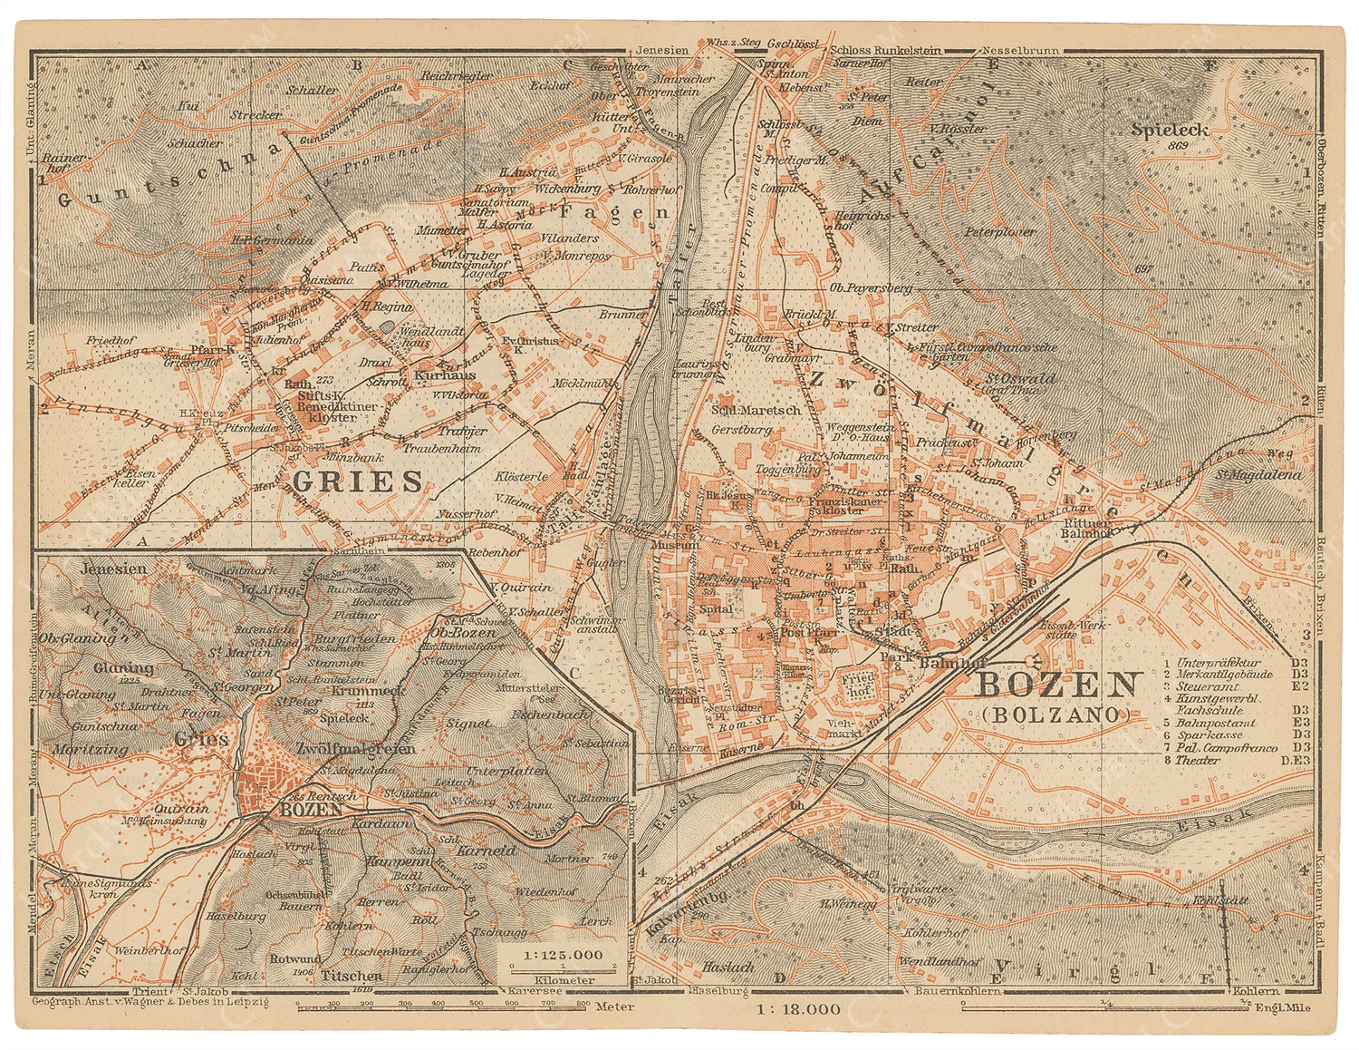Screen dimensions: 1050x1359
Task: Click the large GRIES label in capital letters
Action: pyautogui.click(x=355, y=480)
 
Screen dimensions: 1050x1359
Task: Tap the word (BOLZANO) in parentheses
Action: pyautogui.click(x=1056, y=715)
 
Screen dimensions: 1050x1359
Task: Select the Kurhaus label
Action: pyautogui.click(x=445, y=374)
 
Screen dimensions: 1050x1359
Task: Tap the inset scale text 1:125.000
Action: pyautogui.click(x=551, y=955)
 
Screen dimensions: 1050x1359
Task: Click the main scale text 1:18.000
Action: pyautogui.click(x=795, y=1008)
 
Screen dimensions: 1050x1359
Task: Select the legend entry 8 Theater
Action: pyautogui.click(x=1198, y=760)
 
